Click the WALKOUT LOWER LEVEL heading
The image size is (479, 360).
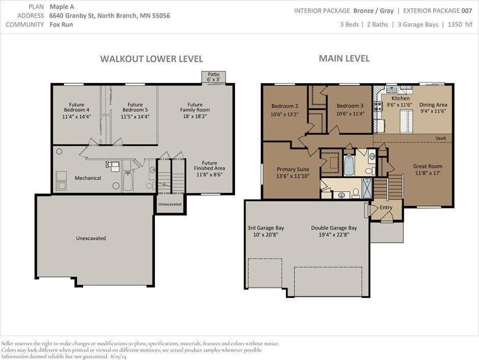(151, 59)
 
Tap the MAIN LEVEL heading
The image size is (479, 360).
(344, 58)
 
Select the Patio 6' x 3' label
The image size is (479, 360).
(214, 76)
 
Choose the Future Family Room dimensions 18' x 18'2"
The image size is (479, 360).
(195, 116)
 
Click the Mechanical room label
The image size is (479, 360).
(88, 178)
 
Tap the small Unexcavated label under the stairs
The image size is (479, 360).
(170, 204)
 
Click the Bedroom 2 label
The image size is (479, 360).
(285, 106)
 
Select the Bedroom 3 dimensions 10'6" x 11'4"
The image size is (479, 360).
(350, 114)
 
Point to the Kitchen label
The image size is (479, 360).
(400, 98)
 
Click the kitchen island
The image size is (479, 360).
(406, 121)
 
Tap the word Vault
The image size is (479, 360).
(440, 138)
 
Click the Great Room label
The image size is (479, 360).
(428, 166)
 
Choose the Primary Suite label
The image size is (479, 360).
(292, 169)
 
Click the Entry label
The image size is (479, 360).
(386, 208)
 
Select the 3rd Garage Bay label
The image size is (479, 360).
(266, 228)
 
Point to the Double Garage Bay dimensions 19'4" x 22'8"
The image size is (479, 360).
(334, 235)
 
